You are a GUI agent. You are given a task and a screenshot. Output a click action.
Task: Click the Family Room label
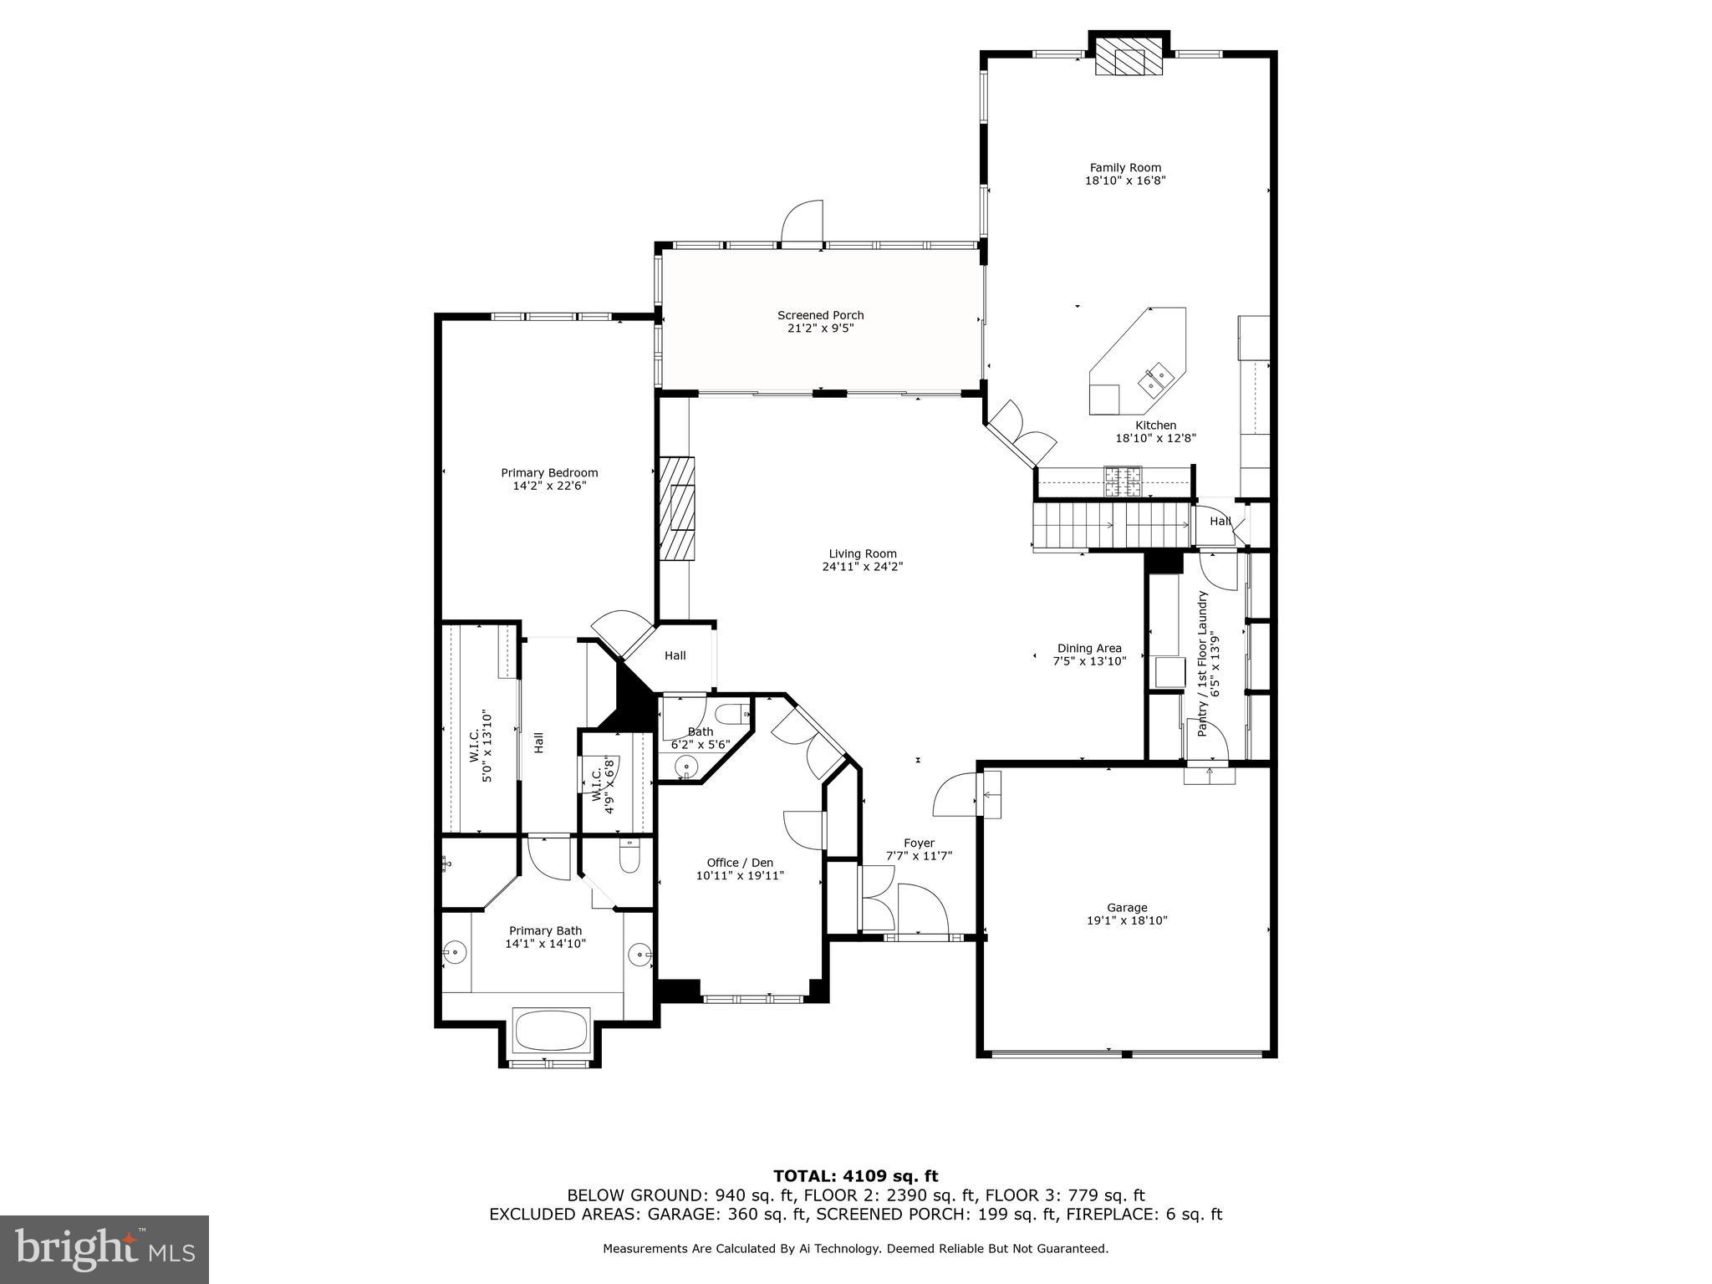click(x=1125, y=168)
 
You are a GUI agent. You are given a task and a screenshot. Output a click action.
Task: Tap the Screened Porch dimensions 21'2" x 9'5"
click(x=820, y=329)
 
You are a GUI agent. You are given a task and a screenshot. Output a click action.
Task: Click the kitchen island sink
click(x=1158, y=380)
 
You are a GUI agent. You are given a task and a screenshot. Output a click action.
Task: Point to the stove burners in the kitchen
click(x=1123, y=480)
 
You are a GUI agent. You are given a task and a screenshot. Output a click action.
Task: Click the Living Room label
click(x=863, y=553)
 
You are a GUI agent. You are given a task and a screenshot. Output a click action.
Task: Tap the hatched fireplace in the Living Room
click(x=677, y=507)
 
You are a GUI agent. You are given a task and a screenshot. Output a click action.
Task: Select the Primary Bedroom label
click(x=549, y=473)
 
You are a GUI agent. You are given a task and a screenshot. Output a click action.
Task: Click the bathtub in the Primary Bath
click(x=551, y=1031)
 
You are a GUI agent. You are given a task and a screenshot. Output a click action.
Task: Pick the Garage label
click(x=1127, y=908)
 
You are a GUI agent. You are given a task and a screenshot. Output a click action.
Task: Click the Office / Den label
click(x=740, y=863)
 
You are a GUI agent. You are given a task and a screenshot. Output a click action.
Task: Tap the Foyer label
click(x=919, y=843)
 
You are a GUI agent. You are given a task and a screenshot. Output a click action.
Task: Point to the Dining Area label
click(x=1089, y=648)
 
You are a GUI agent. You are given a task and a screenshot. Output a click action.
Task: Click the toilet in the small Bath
click(x=733, y=714)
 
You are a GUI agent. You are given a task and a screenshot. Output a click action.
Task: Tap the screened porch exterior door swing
click(x=803, y=222)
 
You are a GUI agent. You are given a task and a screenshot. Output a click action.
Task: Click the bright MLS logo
click(x=104, y=1250)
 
